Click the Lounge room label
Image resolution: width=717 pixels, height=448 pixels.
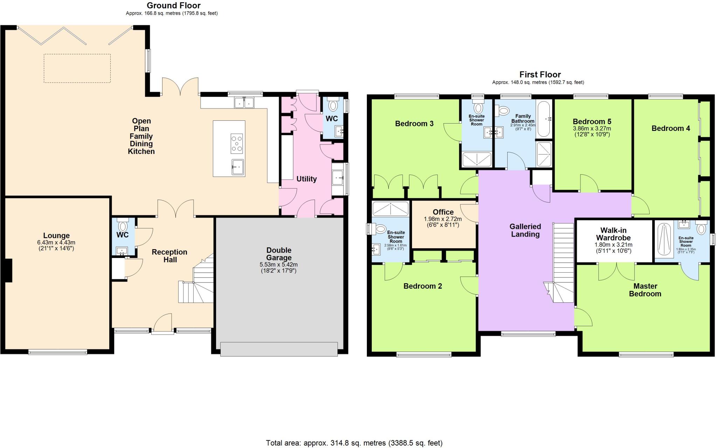(56, 236)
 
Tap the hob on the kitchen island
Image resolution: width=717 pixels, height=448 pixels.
(237, 143)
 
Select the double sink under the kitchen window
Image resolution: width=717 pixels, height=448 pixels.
(244, 103)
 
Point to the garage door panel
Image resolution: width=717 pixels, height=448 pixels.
(279, 349)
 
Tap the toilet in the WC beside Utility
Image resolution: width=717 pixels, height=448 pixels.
(333, 105)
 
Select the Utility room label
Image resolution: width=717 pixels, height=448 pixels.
(306, 179)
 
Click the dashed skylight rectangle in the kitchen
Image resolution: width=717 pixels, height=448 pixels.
(77, 68)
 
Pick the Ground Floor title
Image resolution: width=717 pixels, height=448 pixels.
(173, 6)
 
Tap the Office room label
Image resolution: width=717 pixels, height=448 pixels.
(443, 212)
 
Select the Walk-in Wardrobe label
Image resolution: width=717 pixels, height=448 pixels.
(613, 234)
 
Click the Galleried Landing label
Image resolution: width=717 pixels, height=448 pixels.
(525, 230)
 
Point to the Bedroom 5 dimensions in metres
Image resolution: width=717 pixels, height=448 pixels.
(592, 128)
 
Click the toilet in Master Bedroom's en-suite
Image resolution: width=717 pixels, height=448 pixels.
(701, 229)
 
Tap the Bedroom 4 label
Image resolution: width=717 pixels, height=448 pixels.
(670, 128)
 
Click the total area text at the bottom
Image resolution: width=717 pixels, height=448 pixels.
(354, 443)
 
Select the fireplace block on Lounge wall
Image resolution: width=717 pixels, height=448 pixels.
(8, 270)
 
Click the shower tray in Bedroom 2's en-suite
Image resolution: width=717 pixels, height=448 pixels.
(390, 209)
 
